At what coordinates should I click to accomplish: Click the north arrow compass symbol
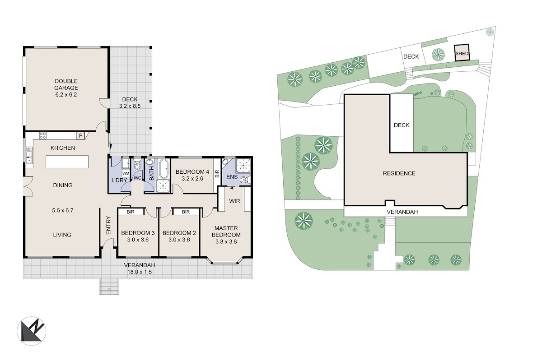(32, 331)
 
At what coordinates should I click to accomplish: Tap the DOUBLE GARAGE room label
(66, 84)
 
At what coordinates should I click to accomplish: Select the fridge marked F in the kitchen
(81, 136)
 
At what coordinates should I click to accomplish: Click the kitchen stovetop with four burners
(43, 135)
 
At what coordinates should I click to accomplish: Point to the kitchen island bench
(67, 162)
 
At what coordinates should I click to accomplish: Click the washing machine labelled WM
(126, 173)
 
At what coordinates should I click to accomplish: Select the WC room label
(137, 178)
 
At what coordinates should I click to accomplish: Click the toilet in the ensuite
(245, 180)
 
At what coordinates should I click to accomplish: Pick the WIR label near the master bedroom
(234, 201)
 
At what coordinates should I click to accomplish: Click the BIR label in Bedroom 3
(131, 212)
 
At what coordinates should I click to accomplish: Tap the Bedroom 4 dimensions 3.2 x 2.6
(192, 179)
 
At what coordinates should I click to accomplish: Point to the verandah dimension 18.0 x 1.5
(140, 272)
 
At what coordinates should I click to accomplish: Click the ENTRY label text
(108, 225)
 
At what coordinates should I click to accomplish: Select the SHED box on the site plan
(462, 52)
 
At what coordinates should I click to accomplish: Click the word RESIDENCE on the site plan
(399, 173)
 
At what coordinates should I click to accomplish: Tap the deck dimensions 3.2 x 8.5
(130, 106)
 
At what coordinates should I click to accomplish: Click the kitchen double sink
(29, 155)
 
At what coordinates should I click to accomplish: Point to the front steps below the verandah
(109, 287)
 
